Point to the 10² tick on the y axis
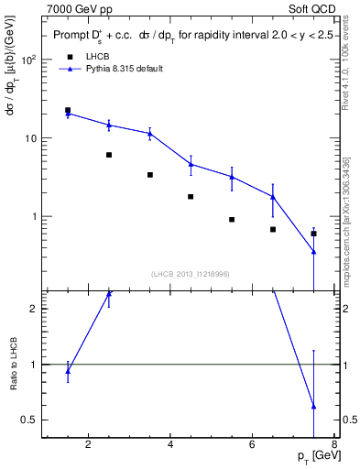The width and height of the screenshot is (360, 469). pyautogui.click(x=27, y=60)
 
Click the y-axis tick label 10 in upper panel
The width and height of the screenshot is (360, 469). pyautogui.click(x=29, y=138)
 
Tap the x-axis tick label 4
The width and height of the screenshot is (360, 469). pyautogui.click(x=171, y=446)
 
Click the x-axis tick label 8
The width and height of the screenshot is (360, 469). pyautogui.click(x=334, y=446)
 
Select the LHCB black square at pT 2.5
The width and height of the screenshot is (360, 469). pyautogui.click(x=109, y=155)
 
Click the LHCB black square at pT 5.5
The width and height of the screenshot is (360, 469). pyautogui.click(x=232, y=220)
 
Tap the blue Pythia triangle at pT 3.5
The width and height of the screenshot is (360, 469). pyautogui.click(x=150, y=133)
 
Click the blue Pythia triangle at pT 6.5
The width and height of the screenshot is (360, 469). pyautogui.click(x=273, y=196)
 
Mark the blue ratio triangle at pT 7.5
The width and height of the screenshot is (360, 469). pyautogui.click(x=314, y=406)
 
